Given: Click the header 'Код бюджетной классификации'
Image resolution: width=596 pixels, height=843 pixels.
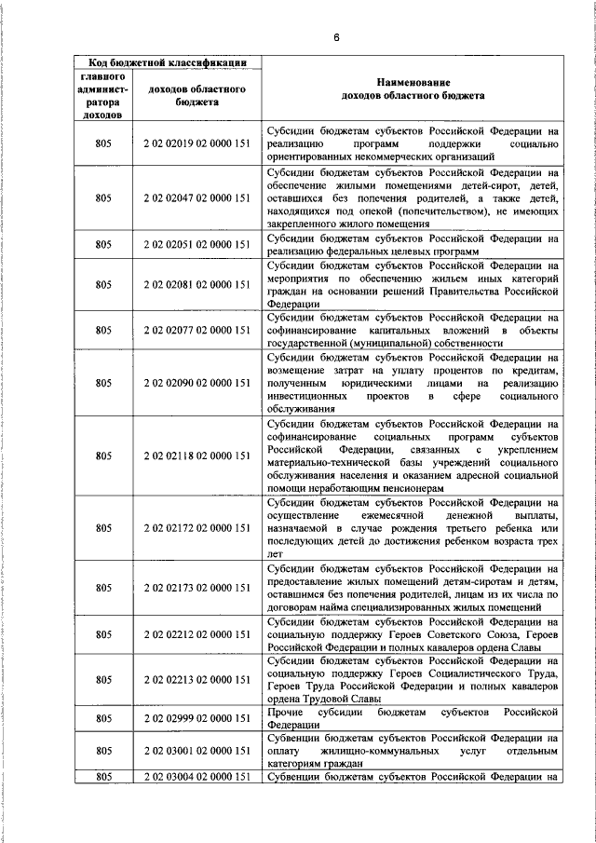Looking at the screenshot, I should coord(168,63).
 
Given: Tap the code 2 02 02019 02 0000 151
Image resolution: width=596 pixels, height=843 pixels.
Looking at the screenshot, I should coord(197,145).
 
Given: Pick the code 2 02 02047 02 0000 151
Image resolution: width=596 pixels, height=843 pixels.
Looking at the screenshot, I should coord(197,198).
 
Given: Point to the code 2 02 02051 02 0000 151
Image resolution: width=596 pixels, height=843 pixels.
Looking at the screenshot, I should coord(197,244).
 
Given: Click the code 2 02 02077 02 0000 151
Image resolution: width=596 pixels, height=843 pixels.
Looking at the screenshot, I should coord(197,330).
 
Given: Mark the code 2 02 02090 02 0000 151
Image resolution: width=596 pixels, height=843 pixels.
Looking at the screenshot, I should coord(197,382).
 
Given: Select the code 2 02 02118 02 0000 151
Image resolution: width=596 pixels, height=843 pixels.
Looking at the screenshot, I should coord(197,455).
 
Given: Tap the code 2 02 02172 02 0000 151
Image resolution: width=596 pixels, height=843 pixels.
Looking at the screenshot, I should coord(197,528).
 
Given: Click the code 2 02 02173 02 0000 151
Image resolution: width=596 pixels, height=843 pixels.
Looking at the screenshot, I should coord(197,588).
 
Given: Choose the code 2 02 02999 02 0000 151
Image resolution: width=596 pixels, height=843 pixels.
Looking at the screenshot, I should coord(197,718).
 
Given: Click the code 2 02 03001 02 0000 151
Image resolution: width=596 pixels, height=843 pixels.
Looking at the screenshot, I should coord(197,751).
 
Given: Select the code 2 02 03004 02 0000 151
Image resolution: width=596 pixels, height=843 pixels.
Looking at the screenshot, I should coord(197,776).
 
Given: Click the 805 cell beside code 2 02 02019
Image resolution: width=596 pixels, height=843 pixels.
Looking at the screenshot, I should coord(103,145).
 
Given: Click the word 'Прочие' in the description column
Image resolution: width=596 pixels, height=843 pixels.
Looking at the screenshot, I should coord(283,712).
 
